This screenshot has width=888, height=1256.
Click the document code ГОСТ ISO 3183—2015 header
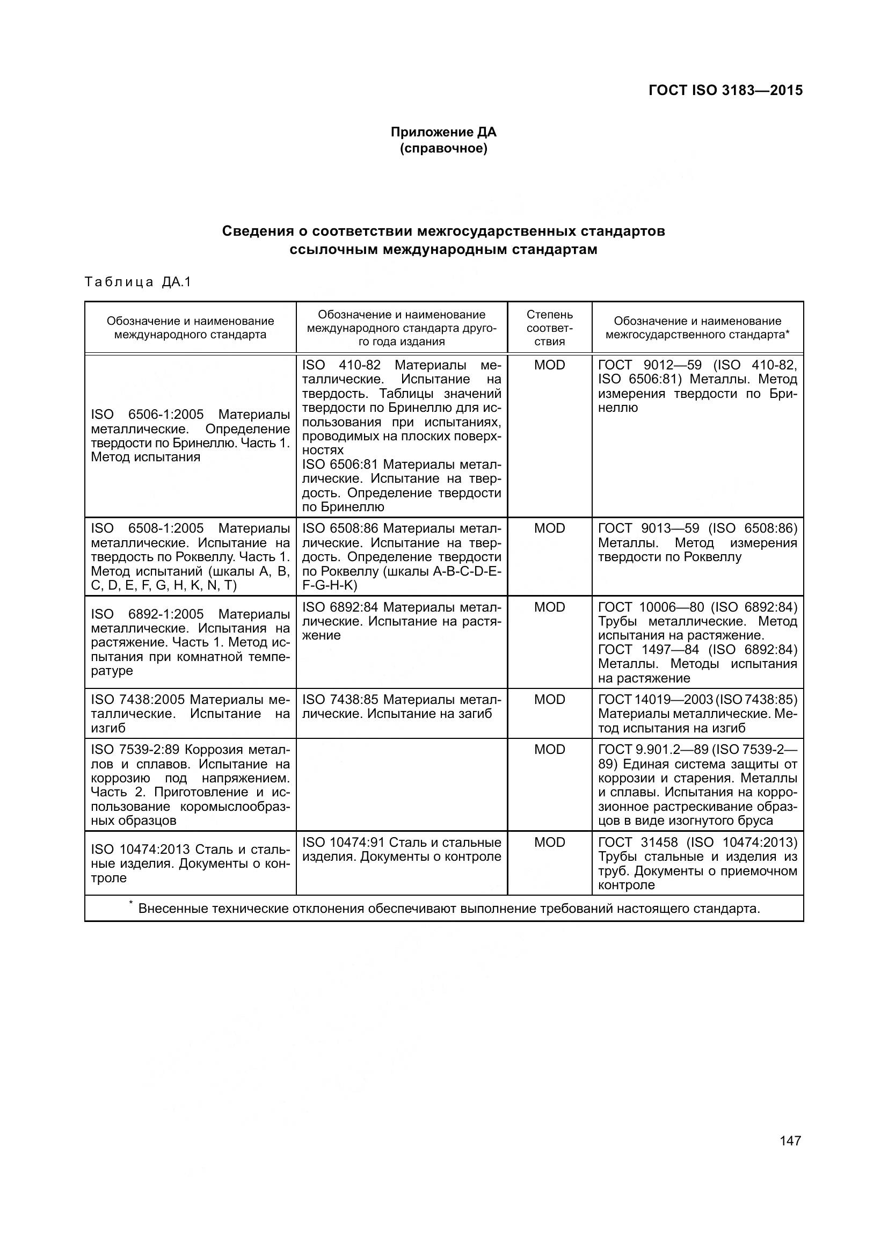coord(725,90)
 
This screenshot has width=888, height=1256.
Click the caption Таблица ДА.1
coord(138,282)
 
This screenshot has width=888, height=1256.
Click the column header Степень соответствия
coord(549,328)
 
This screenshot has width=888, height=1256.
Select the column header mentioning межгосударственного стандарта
coord(697,328)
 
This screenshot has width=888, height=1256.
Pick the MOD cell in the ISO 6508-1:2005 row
coord(549,528)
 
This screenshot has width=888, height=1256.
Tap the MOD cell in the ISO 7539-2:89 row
coord(549,750)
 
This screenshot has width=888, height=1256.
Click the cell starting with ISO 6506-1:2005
coord(190,435)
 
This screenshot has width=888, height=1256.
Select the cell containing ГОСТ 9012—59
coord(697,386)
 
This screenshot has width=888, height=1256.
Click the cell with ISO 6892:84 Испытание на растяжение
coord(402,621)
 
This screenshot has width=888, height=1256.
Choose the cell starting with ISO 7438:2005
coord(190,713)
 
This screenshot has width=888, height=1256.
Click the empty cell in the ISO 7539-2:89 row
coord(402,785)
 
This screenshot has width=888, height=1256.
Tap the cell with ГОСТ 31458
coord(697,863)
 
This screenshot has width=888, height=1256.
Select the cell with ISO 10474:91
coord(402,849)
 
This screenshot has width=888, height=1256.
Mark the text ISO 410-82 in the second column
coord(341,365)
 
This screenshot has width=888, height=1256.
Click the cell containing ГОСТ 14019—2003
coord(697,713)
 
